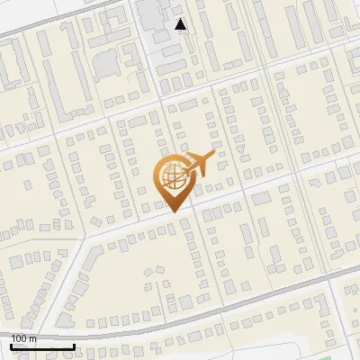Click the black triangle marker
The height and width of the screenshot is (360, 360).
coord(181,25)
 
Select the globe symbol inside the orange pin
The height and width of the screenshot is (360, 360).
coord(172,179)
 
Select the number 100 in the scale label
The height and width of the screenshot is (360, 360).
coord(21,338)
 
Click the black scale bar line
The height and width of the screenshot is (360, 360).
coord(42,346)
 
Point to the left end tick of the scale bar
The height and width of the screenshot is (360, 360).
coord(12,346)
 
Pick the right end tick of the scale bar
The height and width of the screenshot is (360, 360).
coord(74,346)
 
